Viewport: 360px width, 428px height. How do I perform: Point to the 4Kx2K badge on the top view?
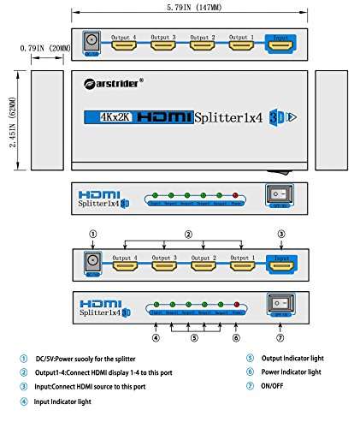pos(109,116)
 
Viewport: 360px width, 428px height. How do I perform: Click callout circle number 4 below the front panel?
pos(156,336)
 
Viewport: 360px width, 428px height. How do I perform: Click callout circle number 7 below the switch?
pos(278,336)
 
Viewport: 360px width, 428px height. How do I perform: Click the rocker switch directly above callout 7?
pos(279,304)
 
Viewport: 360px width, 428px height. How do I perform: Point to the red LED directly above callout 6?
pos(237,305)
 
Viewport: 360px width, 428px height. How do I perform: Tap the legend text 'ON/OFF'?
pos(274,388)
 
